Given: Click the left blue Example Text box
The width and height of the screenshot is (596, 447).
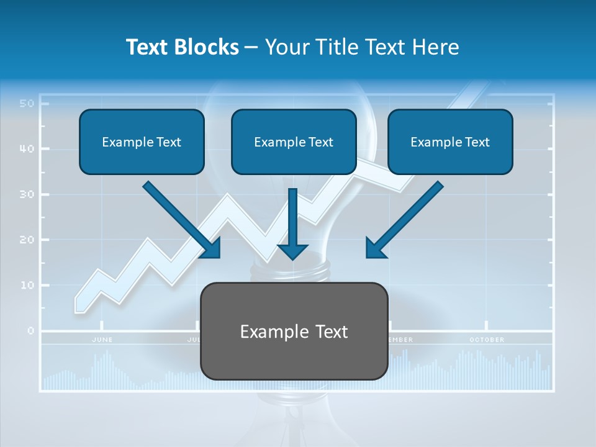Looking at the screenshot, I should click(x=142, y=142).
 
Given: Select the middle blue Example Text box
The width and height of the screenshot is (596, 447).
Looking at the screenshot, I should click(x=294, y=142).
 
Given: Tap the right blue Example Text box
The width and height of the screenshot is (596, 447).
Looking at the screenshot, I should click(x=450, y=142).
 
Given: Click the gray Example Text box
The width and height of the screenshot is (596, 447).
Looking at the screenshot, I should click(x=294, y=332).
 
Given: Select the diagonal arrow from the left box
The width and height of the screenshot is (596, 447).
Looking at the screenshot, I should click(x=183, y=220).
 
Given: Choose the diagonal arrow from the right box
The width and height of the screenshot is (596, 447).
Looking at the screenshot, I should click(x=404, y=220).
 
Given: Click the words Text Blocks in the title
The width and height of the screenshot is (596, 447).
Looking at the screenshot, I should click(x=182, y=47).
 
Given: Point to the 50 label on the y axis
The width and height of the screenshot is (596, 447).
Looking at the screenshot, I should click(x=26, y=103).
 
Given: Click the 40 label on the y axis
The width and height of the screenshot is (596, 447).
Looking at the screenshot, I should click(x=26, y=149).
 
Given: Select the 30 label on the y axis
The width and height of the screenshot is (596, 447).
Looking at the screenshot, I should click(x=26, y=194).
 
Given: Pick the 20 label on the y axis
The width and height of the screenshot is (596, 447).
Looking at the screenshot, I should click(x=26, y=240).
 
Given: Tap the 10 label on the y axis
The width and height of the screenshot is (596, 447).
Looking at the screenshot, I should click(x=26, y=286).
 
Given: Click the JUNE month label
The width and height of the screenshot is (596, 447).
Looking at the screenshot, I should click(x=102, y=340).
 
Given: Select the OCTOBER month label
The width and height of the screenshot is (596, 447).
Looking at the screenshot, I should click(x=487, y=340).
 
